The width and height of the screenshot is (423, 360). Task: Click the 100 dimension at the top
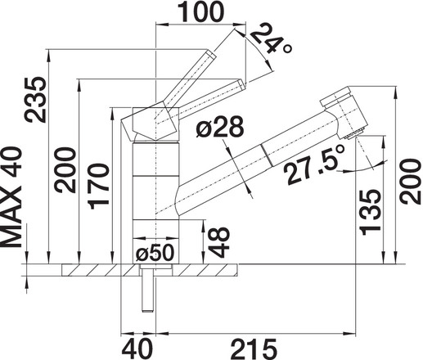pyautogui.click(x=200, y=11)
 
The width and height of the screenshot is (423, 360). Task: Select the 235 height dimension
pyautogui.click(x=34, y=100)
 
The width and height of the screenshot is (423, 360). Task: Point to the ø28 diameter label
pyautogui.click(x=219, y=127)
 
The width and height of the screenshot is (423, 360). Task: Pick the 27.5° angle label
pyautogui.click(x=313, y=165)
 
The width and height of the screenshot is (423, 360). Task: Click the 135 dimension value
pyautogui.click(x=370, y=212)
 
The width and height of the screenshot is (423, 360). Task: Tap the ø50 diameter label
pyautogui.click(x=155, y=252)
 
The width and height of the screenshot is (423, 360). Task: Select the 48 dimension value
pyautogui.click(x=218, y=242)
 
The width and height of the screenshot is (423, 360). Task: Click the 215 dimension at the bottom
pyautogui.click(x=254, y=349)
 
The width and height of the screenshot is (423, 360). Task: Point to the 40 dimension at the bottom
pyautogui.click(x=137, y=349)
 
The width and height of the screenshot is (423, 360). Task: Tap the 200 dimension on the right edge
pyautogui.click(x=411, y=182)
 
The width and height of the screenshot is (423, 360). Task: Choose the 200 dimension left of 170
pyautogui.click(x=65, y=169)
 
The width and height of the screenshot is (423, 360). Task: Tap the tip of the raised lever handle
pyautogui.click(x=212, y=53)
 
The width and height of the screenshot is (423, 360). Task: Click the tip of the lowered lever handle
pyautogui.click(x=242, y=84)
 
